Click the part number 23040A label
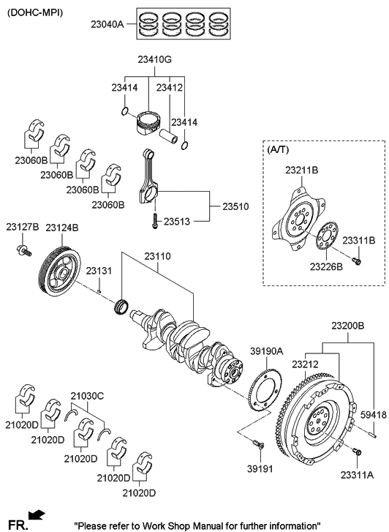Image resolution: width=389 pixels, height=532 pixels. click(x=107, y=24)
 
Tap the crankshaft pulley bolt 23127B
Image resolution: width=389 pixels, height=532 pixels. click(x=23, y=250)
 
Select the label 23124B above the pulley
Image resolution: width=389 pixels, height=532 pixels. click(x=61, y=228)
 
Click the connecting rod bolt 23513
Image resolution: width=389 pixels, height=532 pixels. click(x=155, y=221)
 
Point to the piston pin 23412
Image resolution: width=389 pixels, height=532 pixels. click(x=169, y=135)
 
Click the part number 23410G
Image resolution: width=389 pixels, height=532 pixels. click(x=155, y=60)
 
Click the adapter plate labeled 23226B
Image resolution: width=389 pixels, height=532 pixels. click(x=328, y=236)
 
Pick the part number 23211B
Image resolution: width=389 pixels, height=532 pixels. click(x=301, y=170)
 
